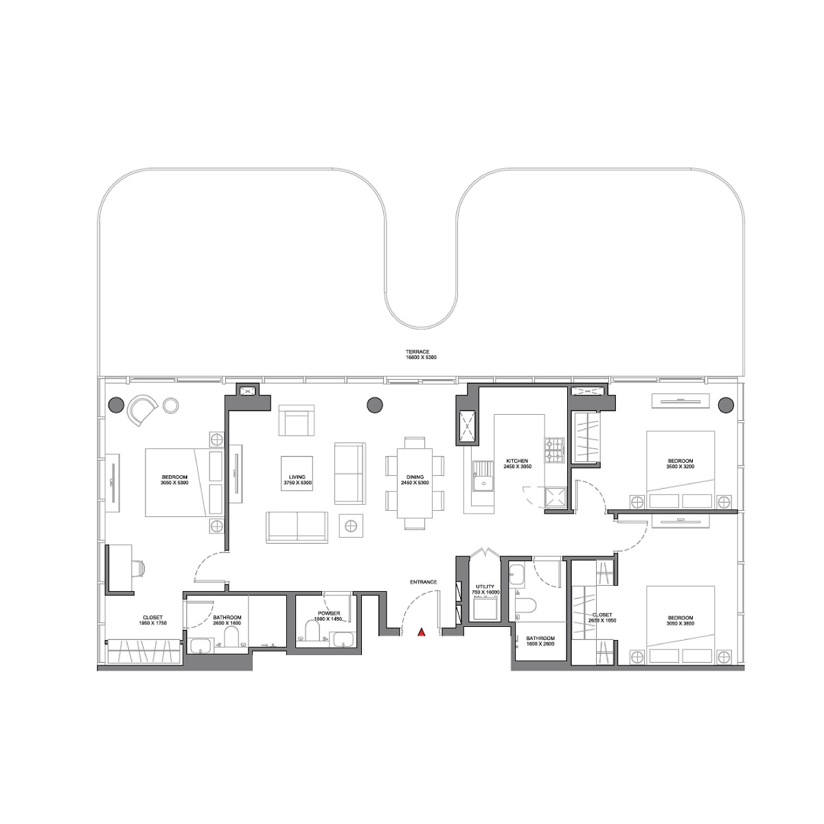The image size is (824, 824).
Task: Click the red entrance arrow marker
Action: click(x=422, y=632)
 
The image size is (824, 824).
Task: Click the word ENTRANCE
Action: click(x=424, y=582)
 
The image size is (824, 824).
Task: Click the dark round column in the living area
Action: click(x=374, y=405)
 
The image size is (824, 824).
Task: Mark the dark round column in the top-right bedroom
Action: click(x=725, y=404)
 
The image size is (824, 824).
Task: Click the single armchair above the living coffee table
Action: click(x=297, y=420)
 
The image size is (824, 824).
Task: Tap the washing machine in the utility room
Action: click(x=485, y=608)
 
